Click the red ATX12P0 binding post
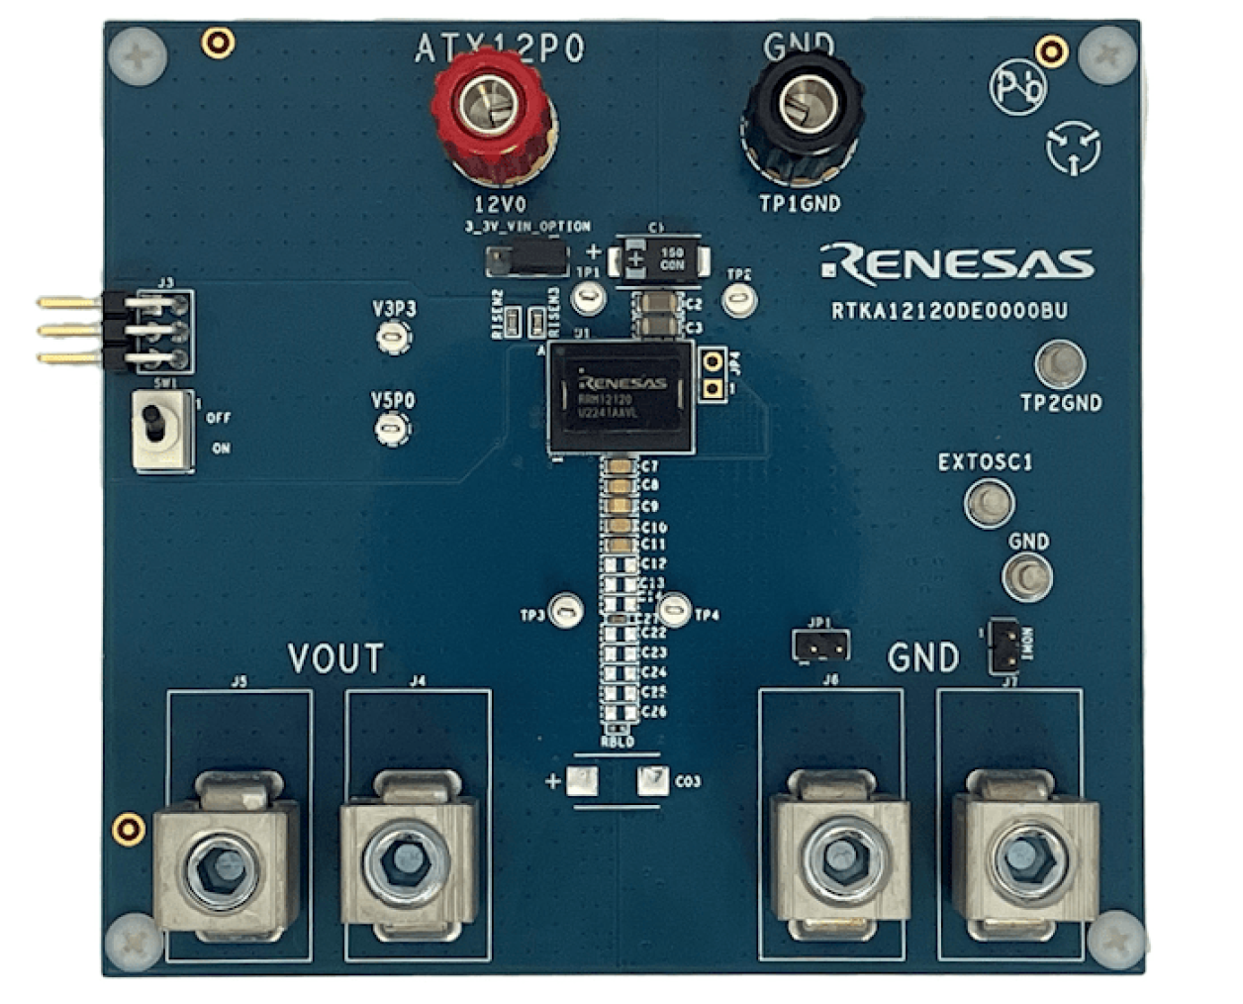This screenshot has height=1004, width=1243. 493,110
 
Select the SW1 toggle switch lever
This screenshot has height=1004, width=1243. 153,423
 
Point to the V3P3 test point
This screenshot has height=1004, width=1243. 394,338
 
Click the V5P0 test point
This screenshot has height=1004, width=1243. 393,429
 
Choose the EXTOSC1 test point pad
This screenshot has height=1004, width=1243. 989,501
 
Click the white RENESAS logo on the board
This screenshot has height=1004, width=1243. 957,262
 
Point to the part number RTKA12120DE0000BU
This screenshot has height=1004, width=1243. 949,311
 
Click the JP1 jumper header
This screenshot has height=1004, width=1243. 820,646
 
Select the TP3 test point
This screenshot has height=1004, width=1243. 565,610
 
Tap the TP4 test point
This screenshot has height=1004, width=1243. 675,609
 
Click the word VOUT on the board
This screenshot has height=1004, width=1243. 335,658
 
